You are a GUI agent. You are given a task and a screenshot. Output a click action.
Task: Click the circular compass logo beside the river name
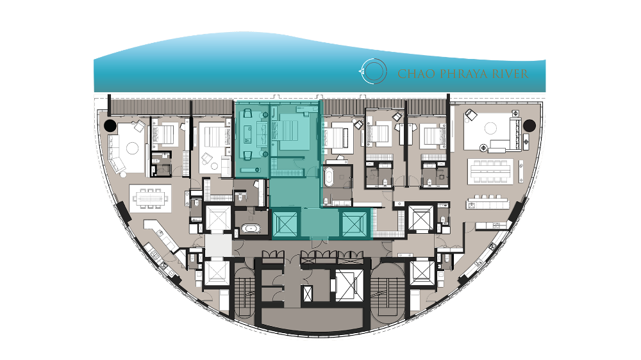pyautogui.click(x=373, y=71)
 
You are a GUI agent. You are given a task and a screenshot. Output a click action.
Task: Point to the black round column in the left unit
pyautogui.click(x=110, y=126)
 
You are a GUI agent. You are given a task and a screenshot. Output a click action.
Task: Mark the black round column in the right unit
pyautogui.click(x=529, y=126)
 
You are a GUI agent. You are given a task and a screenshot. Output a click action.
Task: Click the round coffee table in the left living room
pyautogui.click(x=132, y=148)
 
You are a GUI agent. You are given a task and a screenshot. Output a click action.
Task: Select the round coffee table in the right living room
pyautogui.click(x=490, y=128)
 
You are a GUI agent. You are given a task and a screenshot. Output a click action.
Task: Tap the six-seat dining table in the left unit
pyautogui.click(x=150, y=199)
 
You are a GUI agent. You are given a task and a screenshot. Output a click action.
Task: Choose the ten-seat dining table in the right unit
pyautogui.click(x=490, y=171)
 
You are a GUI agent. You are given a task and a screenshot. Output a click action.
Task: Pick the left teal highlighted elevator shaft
pyautogui.click(x=286, y=223)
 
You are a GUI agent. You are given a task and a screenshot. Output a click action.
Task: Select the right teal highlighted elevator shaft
pyautogui.click(x=354, y=223)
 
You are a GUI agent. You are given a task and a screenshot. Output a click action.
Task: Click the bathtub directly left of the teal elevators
pyautogui.click(x=249, y=229)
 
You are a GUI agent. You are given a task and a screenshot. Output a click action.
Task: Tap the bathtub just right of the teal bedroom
pyautogui.click(x=329, y=177)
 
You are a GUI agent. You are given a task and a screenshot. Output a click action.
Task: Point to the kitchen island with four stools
pyautogui.click(x=488, y=202)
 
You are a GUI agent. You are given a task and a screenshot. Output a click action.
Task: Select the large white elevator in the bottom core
pyautogui.click(x=349, y=285)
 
